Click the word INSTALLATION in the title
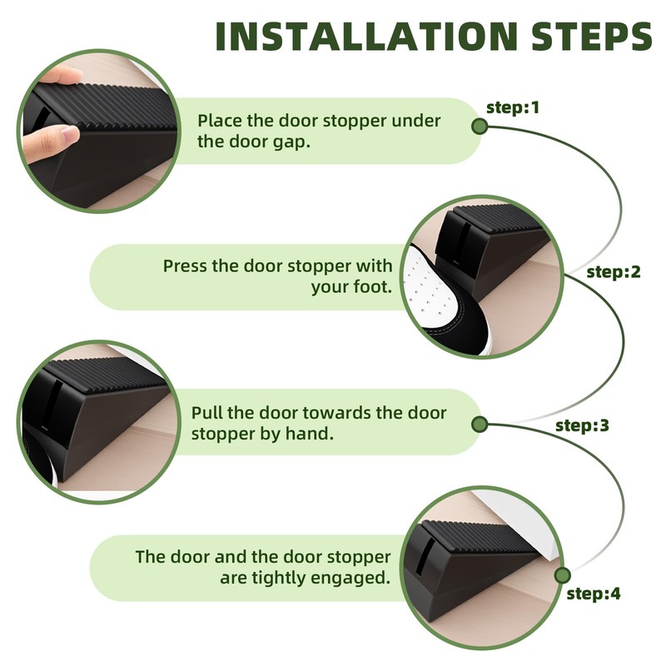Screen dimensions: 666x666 coord(366,36)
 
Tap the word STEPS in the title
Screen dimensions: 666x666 coord(591,36)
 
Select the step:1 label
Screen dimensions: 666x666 coord(513,107)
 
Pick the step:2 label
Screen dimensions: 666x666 coord(614,272)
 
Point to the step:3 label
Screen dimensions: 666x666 coord(582,425)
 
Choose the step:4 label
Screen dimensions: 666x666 coord(594,594)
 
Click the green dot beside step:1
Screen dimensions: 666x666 coord(480,127)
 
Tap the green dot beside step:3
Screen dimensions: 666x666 coord(480,425)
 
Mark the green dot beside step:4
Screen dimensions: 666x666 coord(563,575)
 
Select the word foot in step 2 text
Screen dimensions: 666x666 coord(372,286)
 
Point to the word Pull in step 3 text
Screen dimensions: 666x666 coord(206,412)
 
